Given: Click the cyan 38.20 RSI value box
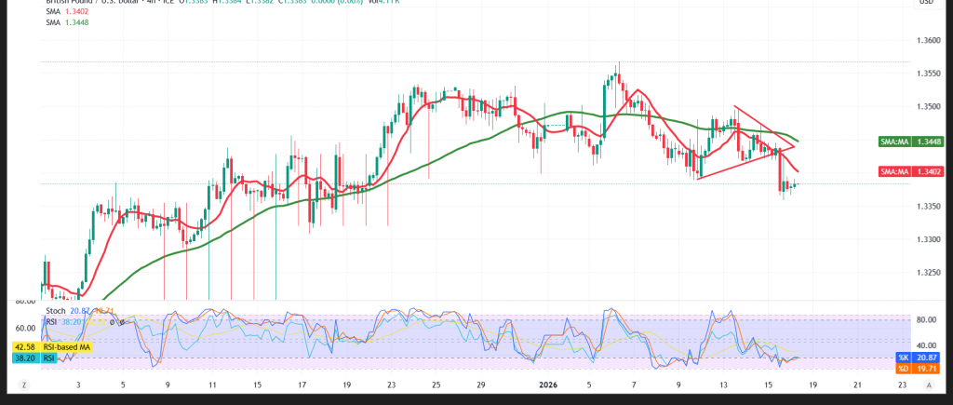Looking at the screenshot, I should pyautogui.click(x=20, y=358).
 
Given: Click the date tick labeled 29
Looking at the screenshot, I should pyautogui.click(x=480, y=384).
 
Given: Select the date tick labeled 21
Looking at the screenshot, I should pyautogui.click(x=856, y=384).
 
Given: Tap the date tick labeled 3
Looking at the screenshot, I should pyautogui.click(x=77, y=384).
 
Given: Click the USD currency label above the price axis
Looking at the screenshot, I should pyautogui.click(x=926, y=3).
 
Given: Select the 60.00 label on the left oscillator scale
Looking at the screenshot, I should pyautogui.click(x=23, y=328).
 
